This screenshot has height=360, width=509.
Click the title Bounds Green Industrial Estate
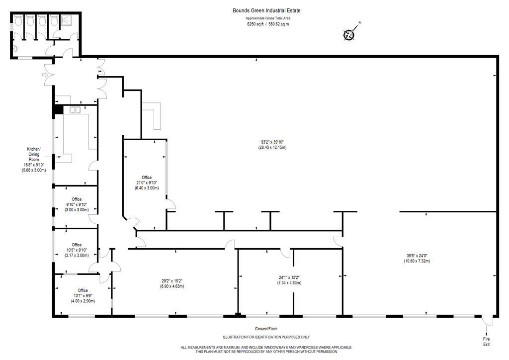(x=266, y=10)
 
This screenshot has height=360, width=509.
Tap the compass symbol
(x=349, y=34)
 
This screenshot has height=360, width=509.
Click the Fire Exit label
(x=486, y=342)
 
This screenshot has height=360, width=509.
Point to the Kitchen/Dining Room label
(x=34, y=160)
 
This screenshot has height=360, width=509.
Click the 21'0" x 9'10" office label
(x=147, y=182)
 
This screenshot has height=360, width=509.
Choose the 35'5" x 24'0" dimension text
(x=417, y=258)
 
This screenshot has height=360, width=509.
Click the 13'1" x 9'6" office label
(x=83, y=295)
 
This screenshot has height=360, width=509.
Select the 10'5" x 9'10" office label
(x=77, y=250)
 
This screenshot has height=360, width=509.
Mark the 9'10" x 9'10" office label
(x=77, y=204)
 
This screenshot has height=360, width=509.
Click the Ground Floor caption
(x=266, y=329)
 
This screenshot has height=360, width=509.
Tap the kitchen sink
(x=75, y=110)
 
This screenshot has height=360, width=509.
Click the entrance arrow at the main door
(x=45, y=75)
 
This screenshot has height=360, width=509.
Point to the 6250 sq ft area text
(x=255, y=24)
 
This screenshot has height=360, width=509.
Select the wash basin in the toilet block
(x=15, y=49)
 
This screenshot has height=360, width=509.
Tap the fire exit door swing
(x=487, y=321)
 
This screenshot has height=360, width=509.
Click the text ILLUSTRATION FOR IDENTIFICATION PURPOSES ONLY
(x=266, y=337)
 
